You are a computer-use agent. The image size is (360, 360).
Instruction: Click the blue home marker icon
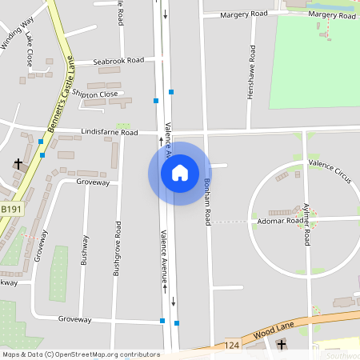tap(180, 173)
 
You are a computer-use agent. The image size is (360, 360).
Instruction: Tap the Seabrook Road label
tap(118, 60)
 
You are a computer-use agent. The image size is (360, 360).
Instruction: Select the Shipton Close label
tap(95, 94)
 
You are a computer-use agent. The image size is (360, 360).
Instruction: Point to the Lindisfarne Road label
tap(110, 132)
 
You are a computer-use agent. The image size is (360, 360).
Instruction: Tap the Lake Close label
tap(30, 50)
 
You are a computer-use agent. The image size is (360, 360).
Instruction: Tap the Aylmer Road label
tap(306, 222)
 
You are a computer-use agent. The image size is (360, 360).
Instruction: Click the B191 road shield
tap(11, 209)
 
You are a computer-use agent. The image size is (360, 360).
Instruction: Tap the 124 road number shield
tap(232, 345)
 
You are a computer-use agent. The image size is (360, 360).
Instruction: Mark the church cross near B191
tap(18, 164)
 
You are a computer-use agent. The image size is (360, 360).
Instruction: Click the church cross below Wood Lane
tap(281, 345)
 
